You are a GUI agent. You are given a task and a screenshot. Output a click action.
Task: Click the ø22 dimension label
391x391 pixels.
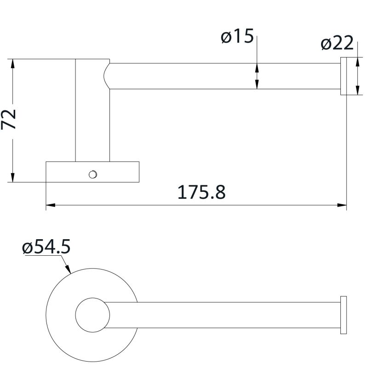(x=337, y=44)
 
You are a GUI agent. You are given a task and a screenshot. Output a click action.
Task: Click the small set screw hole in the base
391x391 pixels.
(x=93, y=174)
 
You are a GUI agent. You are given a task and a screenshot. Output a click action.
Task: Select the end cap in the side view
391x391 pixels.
(x=343, y=76)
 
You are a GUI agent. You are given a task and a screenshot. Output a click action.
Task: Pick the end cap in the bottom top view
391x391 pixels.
(x=343, y=315)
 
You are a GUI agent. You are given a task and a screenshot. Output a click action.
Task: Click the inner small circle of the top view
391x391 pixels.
(x=92, y=315)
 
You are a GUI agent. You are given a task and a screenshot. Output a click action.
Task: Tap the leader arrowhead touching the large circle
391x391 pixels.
(x=68, y=270)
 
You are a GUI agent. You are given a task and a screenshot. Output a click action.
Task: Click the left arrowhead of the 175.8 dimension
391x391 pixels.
(x=51, y=205)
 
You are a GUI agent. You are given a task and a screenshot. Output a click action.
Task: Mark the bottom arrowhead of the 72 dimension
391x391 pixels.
(x=13, y=177)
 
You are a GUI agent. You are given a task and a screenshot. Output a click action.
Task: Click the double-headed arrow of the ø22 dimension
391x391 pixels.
(x=358, y=76)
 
